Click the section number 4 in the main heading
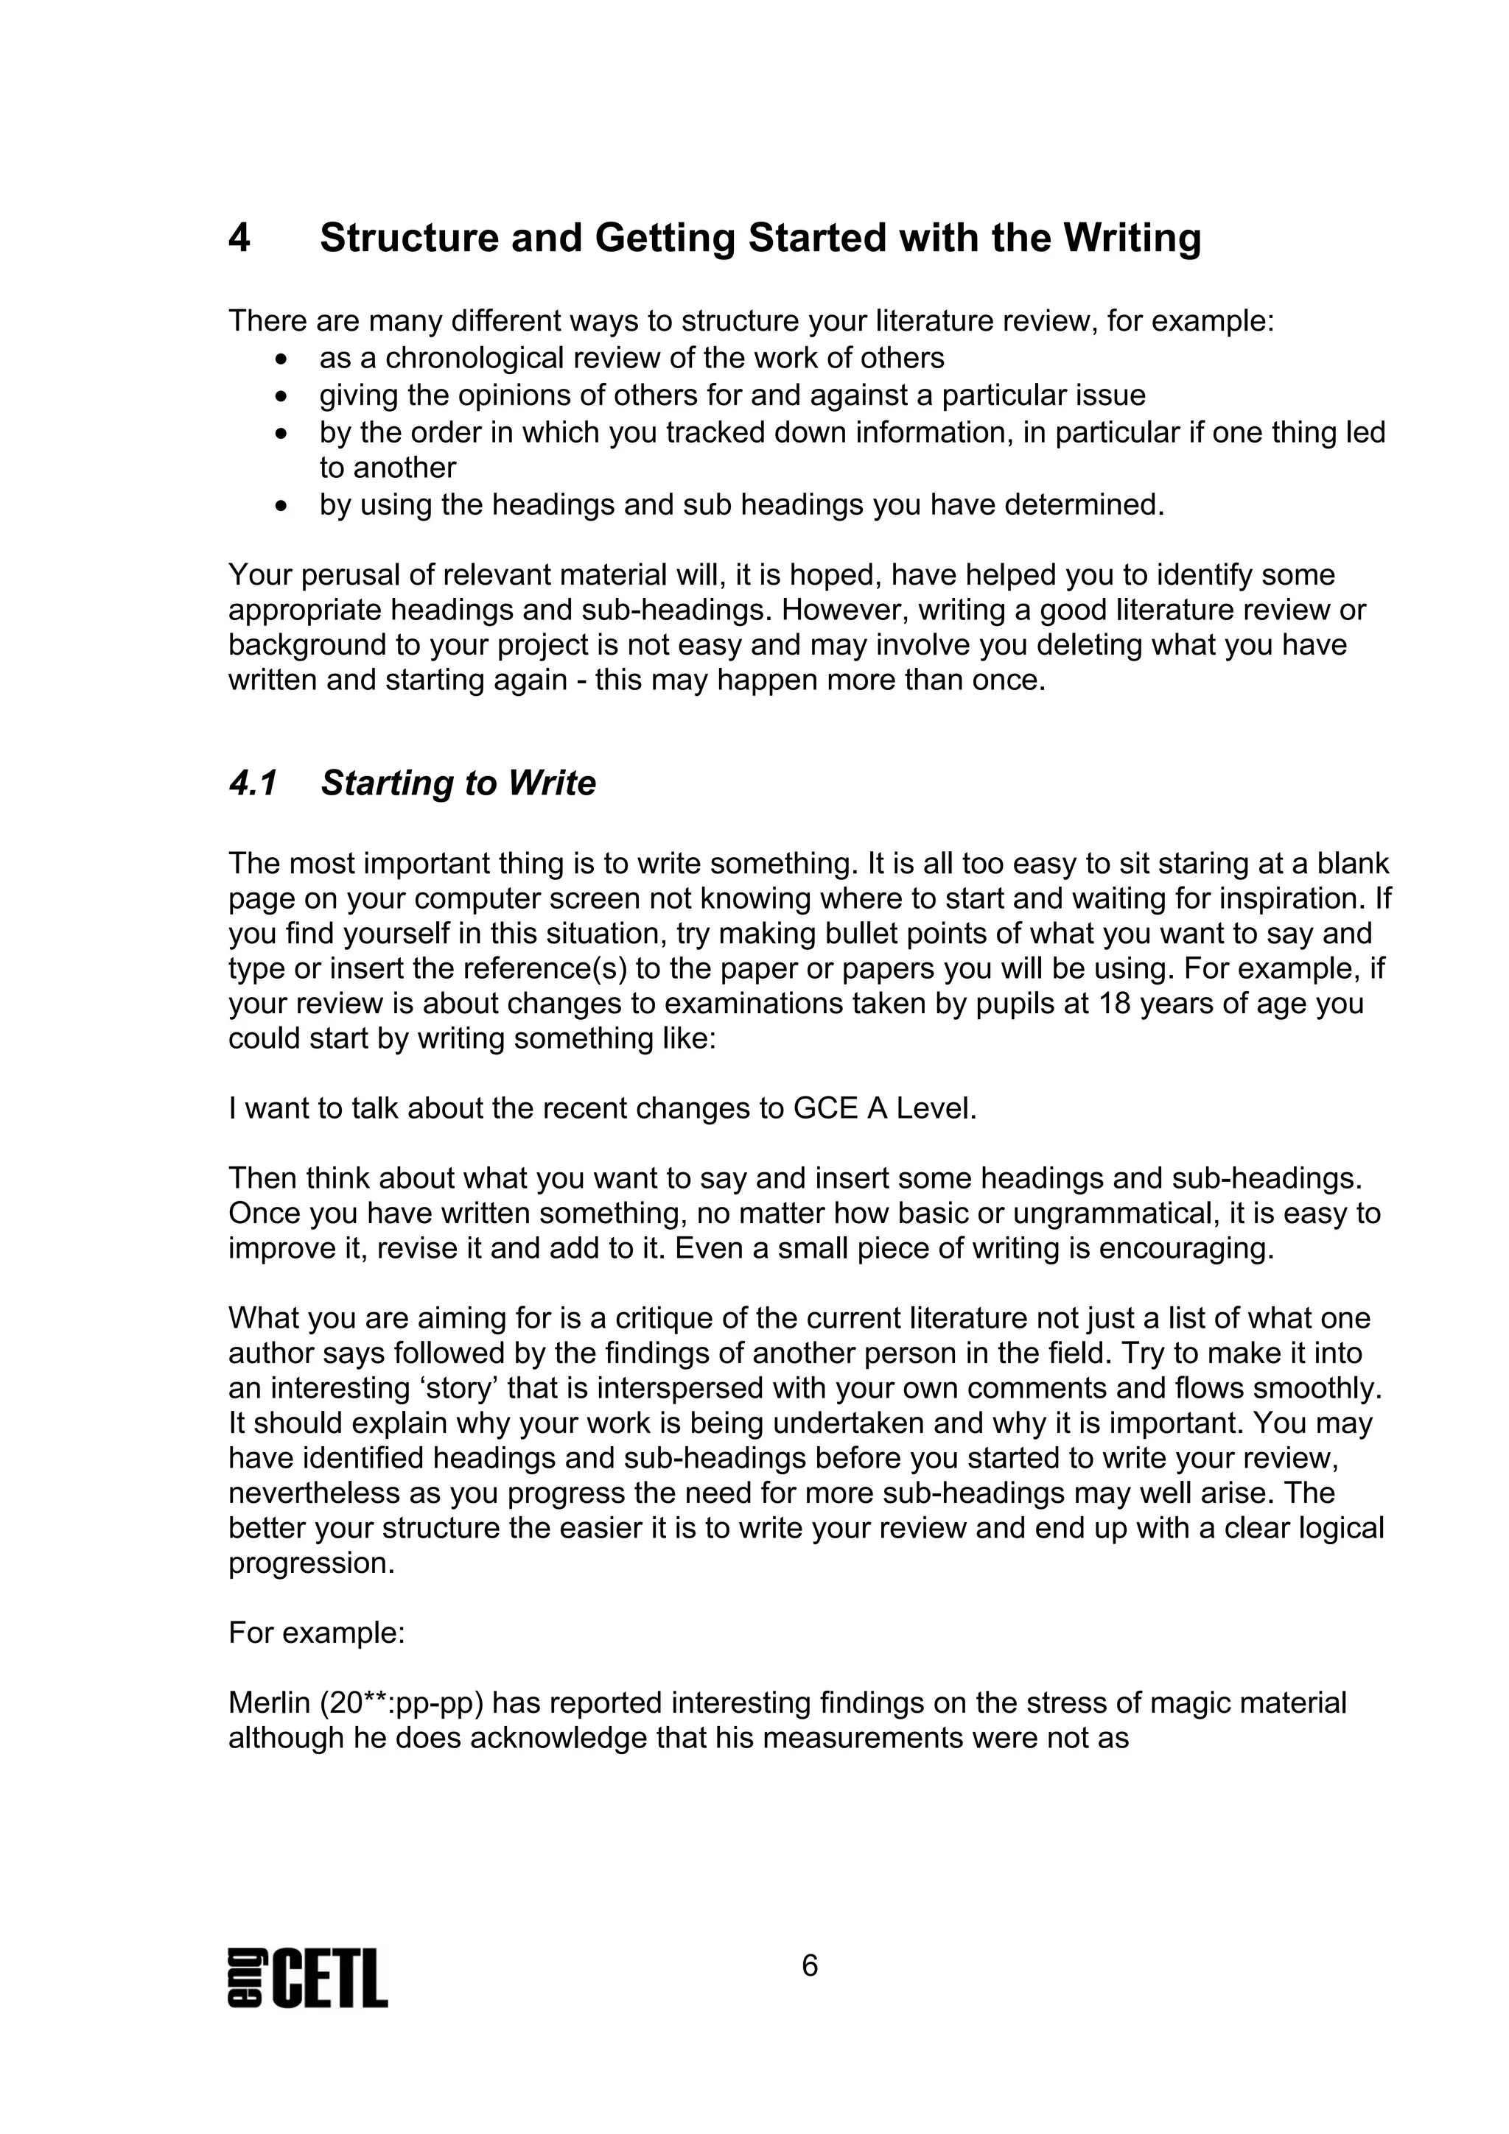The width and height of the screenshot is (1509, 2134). point(239,239)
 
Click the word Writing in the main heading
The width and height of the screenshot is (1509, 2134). point(1132,239)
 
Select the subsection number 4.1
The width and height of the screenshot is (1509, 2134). point(253,783)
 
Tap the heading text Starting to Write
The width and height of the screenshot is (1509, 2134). point(458,783)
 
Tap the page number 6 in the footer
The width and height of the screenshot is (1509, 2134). point(809,1966)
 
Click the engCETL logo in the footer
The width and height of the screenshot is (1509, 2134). point(308,1979)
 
